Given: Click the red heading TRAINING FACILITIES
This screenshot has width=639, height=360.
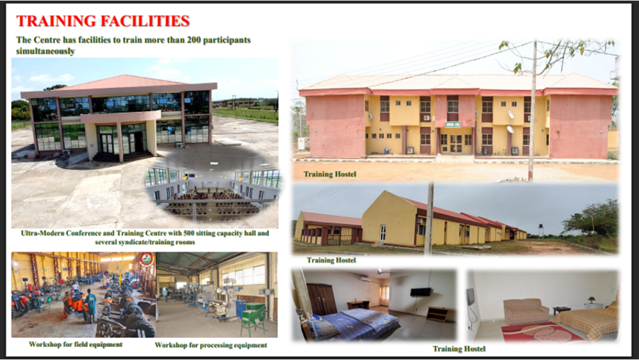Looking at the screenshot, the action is pyautogui.click(x=103, y=21).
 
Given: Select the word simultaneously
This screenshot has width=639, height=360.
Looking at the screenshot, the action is pyautogui.click(x=46, y=51).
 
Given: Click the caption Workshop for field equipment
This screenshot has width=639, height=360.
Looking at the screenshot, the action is pyautogui.click(x=76, y=344).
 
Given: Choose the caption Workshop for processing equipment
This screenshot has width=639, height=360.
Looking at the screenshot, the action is pyautogui.click(x=211, y=346).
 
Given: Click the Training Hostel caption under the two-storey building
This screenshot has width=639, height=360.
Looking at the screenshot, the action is pyautogui.click(x=329, y=174).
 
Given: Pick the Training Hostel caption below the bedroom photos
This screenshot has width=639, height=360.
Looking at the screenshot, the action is pyautogui.click(x=459, y=349).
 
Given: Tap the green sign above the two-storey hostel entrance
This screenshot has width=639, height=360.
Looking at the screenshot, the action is pyautogui.click(x=452, y=125).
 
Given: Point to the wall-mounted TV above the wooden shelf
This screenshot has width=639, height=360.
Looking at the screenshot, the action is pyautogui.click(x=421, y=292).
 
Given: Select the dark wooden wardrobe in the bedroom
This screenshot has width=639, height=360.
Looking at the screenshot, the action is pyautogui.click(x=321, y=299).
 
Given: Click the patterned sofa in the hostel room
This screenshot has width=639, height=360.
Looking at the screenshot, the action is pyautogui.click(x=526, y=311).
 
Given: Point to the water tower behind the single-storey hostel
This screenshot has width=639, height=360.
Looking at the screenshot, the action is pyautogui.click(x=541, y=230).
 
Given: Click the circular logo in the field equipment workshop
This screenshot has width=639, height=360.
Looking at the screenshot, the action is pyautogui.click(x=146, y=260).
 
